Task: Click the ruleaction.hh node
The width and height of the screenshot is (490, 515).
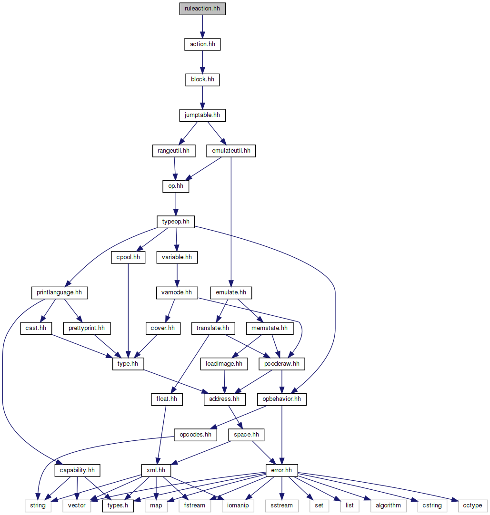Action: [202, 9]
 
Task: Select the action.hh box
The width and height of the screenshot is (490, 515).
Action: [202, 44]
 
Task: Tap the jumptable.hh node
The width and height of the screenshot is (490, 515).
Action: [202, 115]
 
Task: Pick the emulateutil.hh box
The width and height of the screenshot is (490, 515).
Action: [231, 151]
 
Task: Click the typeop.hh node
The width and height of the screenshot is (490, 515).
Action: [176, 222]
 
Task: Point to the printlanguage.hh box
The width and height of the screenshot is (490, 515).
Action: [59, 292]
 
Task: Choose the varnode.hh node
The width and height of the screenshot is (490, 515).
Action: [177, 292]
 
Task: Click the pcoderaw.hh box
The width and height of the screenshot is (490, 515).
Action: [282, 364]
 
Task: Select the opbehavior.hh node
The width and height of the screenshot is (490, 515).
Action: [281, 399]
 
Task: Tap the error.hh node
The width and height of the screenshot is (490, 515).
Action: [282, 471]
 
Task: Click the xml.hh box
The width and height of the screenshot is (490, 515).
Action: [156, 471]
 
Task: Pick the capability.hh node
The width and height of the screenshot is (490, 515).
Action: [77, 471]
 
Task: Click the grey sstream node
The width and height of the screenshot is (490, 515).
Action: [281, 505]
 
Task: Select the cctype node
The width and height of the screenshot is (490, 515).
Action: [472, 505]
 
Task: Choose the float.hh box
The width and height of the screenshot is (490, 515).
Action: [163, 399]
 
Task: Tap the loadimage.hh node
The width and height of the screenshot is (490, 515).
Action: [224, 364]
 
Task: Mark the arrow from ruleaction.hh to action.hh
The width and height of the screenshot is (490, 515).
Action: [202, 26]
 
